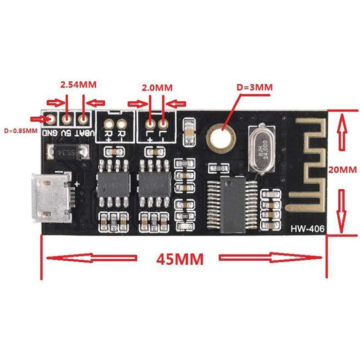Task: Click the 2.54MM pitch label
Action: tap(78, 84)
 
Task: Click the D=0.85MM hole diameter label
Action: tap(20, 130)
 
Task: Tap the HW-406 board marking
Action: tap(307, 228)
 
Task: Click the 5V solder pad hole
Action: tap(67, 120)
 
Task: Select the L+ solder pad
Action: tap(150, 124)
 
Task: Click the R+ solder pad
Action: tap(110, 124)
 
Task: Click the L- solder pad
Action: tap(164, 124)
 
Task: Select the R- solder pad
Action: tap(122, 124)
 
